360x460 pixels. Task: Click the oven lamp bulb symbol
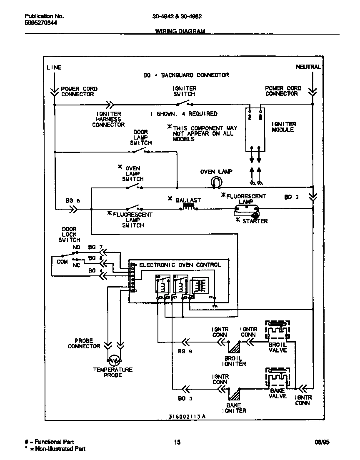tap(216, 181)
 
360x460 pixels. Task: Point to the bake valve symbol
tap(277, 378)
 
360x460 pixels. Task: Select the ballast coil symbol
tap(189, 207)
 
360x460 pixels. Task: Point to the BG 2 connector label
tap(291, 197)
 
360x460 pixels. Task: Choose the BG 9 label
tap(185, 352)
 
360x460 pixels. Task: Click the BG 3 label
tap(185, 399)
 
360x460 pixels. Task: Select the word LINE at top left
tap(54, 67)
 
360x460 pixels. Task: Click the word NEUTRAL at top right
tap(308, 67)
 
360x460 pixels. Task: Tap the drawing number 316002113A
tap(187, 416)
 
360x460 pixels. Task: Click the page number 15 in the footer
tap(177, 442)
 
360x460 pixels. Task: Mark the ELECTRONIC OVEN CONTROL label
tap(180, 265)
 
